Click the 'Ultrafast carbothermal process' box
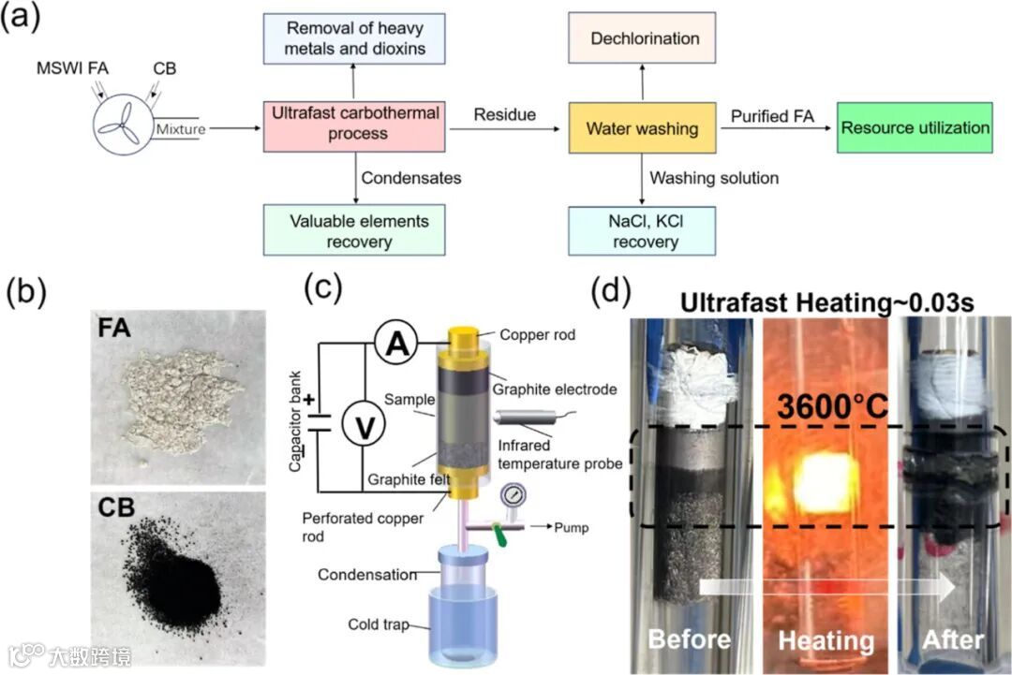[356, 124]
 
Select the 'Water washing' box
[642, 129]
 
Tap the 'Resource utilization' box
[915, 128]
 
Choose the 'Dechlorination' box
[645, 39]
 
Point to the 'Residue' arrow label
[504, 114]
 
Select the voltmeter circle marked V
[356, 427]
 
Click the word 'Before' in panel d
[689, 639]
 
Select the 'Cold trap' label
[378, 624]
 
